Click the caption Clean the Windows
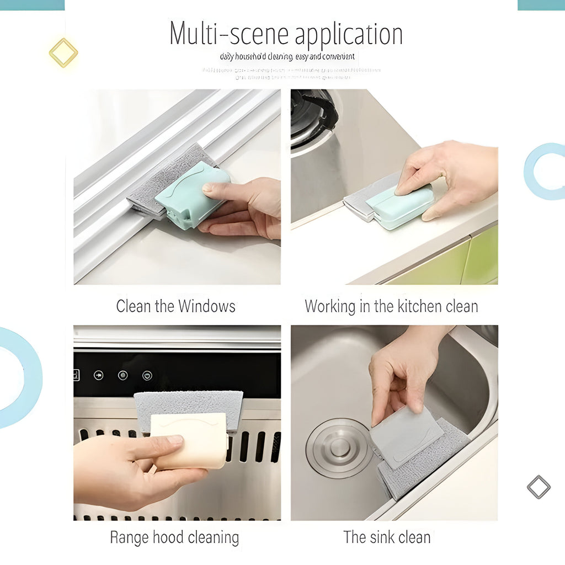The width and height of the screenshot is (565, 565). pyautogui.click(x=175, y=306)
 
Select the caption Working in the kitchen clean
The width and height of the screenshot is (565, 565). pyautogui.click(x=391, y=306)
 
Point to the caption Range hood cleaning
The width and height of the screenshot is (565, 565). pyautogui.click(x=174, y=537)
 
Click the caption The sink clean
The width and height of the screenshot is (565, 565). pyautogui.click(x=387, y=537)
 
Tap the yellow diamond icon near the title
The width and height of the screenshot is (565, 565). pyautogui.click(x=63, y=53)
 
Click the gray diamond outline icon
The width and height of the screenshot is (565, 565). pyautogui.click(x=539, y=487)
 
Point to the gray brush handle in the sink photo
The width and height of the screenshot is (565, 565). pyautogui.click(x=405, y=436)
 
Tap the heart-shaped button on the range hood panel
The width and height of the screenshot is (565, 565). pyautogui.click(x=147, y=375)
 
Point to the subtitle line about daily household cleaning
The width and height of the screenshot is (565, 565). pyautogui.click(x=287, y=57)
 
